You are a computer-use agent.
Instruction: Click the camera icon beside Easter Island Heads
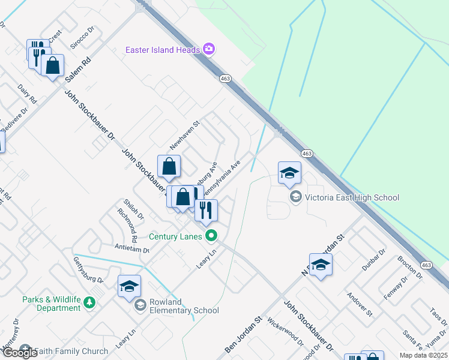[x=209, y=49]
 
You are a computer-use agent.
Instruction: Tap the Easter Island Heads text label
[x=162, y=50]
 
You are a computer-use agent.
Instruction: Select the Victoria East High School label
[x=352, y=197]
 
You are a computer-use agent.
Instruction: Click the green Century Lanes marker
[x=210, y=236]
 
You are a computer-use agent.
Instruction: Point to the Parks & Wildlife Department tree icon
[x=89, y=302]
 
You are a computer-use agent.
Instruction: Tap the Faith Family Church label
[x=71, y=351]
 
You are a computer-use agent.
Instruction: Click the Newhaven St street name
[x=184, y=135]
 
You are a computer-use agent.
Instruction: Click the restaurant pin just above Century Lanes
[x=206, y=211]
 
